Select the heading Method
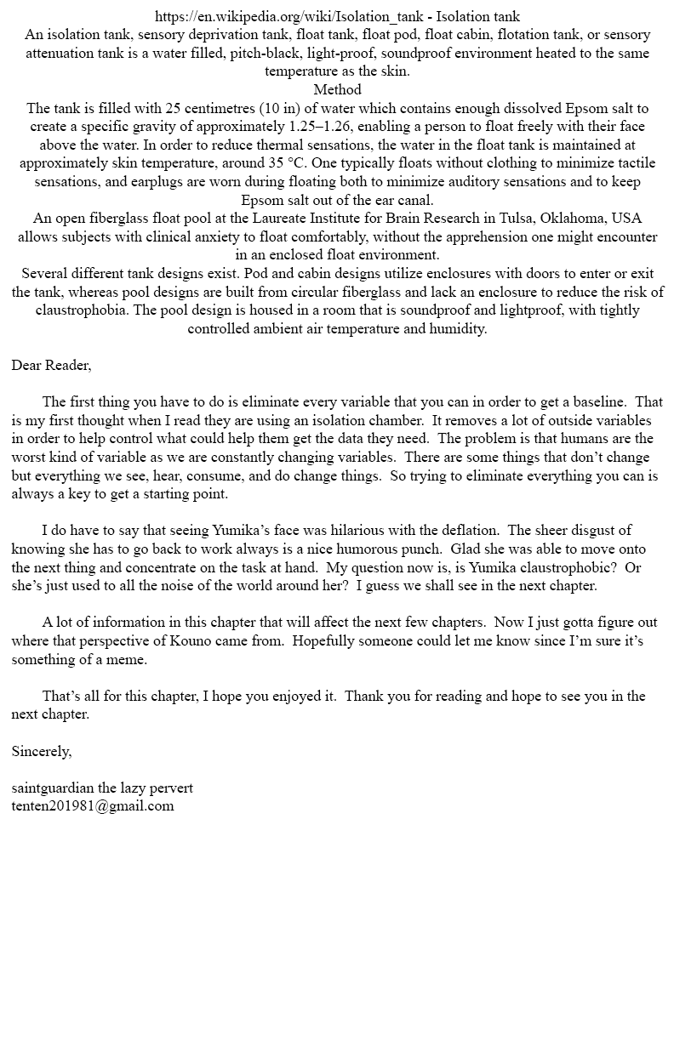(x=337, y=89)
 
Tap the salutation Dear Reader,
(x=51, y=365)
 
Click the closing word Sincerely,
(x=42, y=751)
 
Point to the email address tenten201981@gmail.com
(x=93, y=805)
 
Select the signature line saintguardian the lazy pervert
(x=102, y=788)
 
